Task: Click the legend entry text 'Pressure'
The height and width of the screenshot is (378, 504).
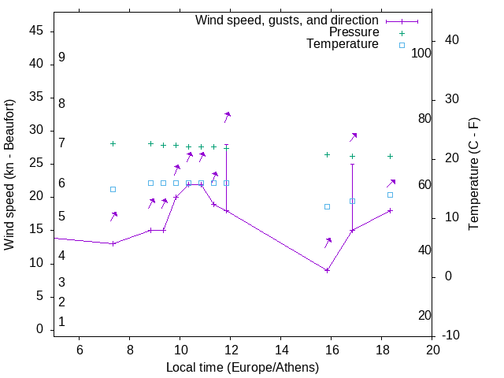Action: click(354, 32)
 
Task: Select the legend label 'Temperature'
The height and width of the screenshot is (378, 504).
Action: click(342, 44)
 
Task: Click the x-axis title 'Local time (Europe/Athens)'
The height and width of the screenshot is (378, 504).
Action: click(243, 368)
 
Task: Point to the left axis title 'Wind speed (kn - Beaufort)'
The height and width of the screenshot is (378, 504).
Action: click(9, 175)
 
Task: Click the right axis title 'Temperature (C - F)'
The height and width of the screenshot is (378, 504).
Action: click(473, 175)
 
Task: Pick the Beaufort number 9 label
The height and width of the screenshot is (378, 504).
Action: click(61, 57)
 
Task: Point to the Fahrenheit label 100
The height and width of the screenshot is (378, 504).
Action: click(421, 53)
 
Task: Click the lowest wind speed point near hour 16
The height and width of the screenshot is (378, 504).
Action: click(328, 270)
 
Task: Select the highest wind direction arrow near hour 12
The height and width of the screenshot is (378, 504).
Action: click(227, 117)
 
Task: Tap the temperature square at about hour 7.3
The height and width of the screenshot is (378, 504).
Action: click(113, 189)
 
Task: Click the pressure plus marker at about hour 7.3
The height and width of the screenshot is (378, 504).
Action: click(113, 143)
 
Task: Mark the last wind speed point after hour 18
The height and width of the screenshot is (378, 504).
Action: click(390, 210)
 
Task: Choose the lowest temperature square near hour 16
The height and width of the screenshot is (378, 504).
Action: click(328, 206)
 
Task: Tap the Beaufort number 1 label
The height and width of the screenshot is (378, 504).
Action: click(61, 321)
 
